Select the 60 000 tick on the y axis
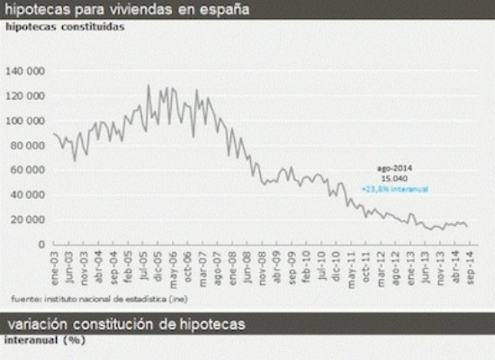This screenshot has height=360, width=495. [x=30, y=169]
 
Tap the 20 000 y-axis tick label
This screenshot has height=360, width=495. [x=30, y=219]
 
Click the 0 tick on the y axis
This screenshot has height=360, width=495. [x=41, y=244]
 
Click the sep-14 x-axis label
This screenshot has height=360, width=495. [x=470, y=268]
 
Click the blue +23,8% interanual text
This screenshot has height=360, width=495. [x=394, y=188]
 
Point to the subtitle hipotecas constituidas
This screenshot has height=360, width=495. [x=64, y=26]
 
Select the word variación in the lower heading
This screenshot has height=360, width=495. [x=41, y=322]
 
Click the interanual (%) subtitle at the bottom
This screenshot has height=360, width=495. [x=44, y=338]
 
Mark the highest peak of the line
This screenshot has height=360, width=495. [x=148, y=85]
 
